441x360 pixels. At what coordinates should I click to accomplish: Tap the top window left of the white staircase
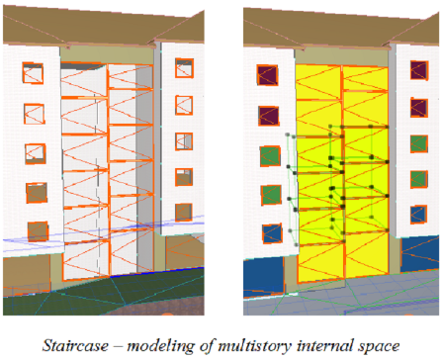coord(33,74)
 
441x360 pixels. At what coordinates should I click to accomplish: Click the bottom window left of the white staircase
coord(38,231)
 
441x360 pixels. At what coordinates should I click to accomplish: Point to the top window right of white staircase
coord(184,67)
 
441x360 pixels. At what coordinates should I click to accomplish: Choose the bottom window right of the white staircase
coord(183,212)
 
